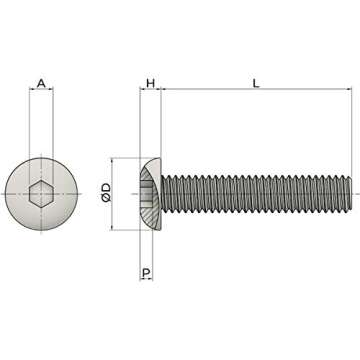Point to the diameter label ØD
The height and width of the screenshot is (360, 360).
107,195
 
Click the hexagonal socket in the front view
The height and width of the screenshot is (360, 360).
41,194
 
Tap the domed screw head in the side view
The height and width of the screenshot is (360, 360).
150,194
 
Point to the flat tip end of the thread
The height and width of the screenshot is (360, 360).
352,194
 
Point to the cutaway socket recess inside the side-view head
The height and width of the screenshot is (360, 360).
148,194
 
